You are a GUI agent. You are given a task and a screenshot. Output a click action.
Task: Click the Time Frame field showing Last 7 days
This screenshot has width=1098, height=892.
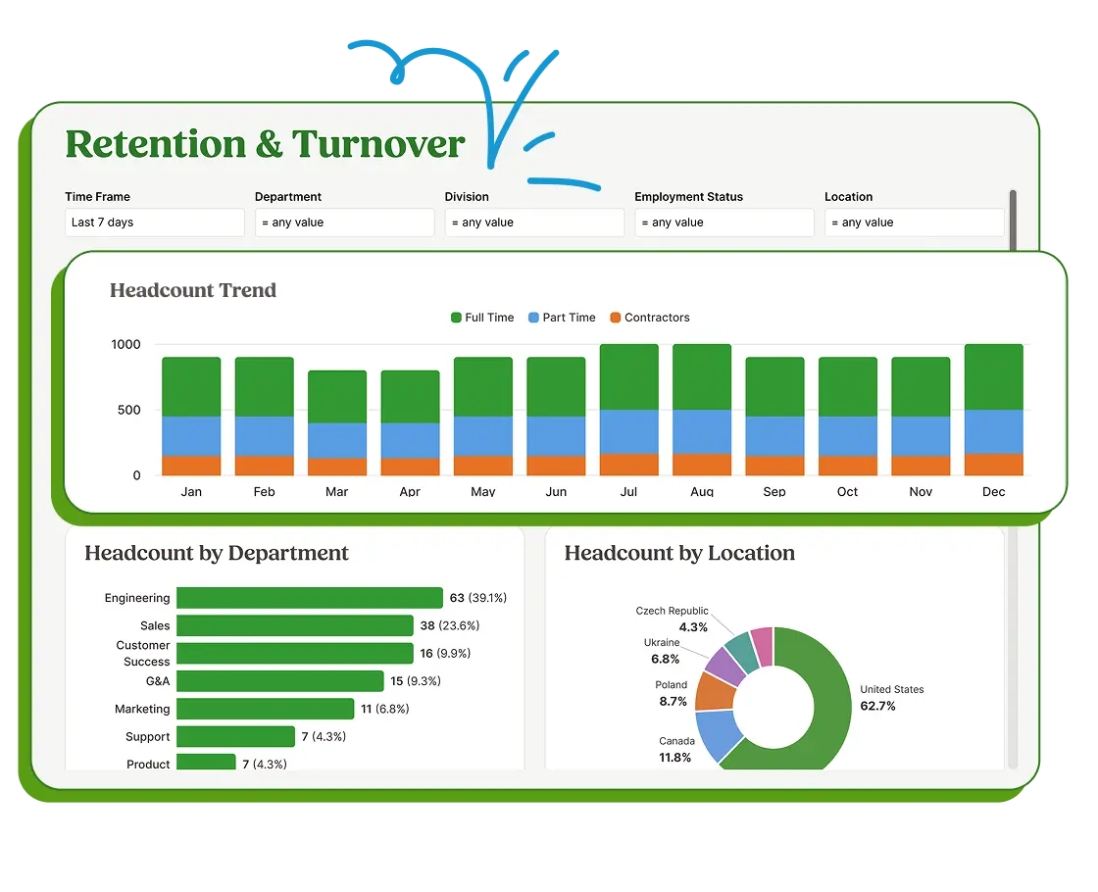pyautogui.click(x=154, y=223)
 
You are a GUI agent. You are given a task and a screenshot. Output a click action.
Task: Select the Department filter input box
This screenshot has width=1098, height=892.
pyautogui.click(x=343, y=223)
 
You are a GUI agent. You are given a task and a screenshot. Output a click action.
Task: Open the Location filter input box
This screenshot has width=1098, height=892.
pyautogui.click(x=913, y=223)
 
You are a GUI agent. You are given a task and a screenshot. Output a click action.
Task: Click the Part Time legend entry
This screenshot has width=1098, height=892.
pyautogui.click(x=562, y=318)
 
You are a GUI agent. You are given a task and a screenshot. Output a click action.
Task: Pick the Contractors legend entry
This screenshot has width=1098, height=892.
pyautogui.click(x=649, y=318)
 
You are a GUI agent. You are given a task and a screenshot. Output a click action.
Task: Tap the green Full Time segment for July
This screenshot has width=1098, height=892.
pyautogui.click(x=628, y=377)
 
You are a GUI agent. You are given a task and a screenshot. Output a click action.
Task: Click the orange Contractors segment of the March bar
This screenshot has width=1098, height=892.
pyautogui.click(x=337, y=467)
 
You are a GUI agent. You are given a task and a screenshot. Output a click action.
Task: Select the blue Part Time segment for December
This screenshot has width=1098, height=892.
pyautogui.click(x=993, y=431)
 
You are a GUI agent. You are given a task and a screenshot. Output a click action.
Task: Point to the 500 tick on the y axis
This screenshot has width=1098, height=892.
pyautogui.click(x=128, y=410)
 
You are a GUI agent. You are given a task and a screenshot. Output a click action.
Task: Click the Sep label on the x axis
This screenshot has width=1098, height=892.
pyautogui.click(x=774, y=491)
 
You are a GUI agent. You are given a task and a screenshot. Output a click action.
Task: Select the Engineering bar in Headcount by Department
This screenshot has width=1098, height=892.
pyautogui.click(x=309, y=598)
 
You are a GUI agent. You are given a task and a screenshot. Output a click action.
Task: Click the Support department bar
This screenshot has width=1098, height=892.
pyautogui.click(x=235, y=736)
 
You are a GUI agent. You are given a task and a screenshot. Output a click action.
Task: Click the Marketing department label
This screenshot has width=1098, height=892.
pyautogui.click(x=142, y=709)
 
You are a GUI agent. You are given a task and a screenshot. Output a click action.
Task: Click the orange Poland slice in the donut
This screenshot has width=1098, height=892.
pyautogui.click(x=716, y=692)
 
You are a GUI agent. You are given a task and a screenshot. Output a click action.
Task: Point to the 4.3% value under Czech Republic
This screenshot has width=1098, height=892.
pyautogui.click(x=693, y=627)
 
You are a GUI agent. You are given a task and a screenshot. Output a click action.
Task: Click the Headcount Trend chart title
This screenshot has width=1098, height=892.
pyautogui.click(x=193, y=290)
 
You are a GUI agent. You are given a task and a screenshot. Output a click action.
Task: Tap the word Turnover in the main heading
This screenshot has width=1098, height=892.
pyautogui.click(x=377, y=144)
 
